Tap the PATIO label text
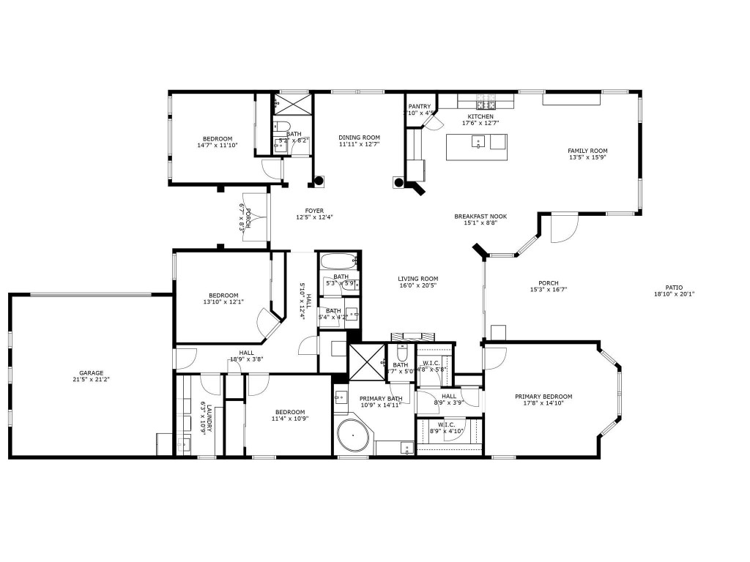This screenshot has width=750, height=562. [x=673, y=288]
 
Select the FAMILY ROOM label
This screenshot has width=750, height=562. [x=587, y=151]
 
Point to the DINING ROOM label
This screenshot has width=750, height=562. [x=359, y=138]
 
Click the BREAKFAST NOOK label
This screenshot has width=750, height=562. [x=480, y=216]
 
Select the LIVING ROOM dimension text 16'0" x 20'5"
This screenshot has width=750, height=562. [x=417, y=286]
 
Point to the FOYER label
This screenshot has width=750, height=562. [x=314, y=211]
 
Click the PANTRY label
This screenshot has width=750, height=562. [x=420, y=106]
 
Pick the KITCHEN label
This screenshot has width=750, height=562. [x=480, y=116]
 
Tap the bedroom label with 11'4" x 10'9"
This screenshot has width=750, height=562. [x=289, y=412]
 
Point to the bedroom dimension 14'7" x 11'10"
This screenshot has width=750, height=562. [x=218, y=145]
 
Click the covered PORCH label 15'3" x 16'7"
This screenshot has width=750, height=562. [x=548, y=283]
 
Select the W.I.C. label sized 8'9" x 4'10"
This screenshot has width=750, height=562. [x=447, y=424]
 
